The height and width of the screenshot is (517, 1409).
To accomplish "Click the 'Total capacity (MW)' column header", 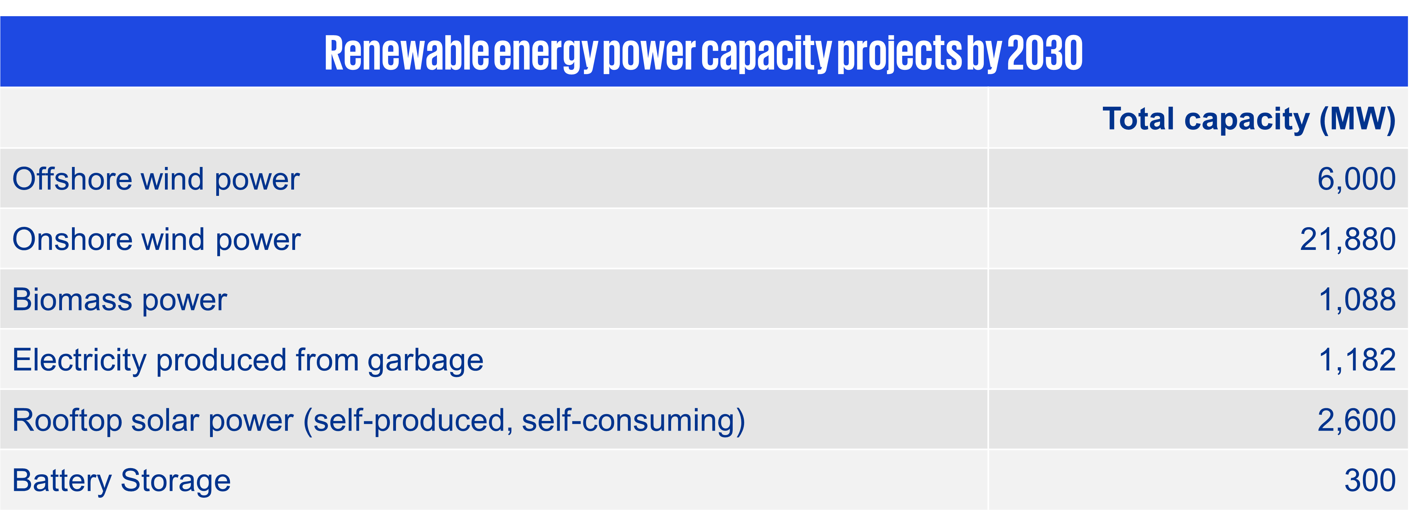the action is tap(1249, 119).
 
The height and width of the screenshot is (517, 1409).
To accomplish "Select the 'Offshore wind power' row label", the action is tap(156, 179).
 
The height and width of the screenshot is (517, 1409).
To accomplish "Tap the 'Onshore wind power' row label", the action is tap(156, 239).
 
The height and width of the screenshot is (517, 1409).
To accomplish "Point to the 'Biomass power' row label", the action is tap(119, 300).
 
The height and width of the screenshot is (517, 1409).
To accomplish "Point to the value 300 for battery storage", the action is tap(1370, 481).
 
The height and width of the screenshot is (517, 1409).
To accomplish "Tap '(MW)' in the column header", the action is tap(1358, 119).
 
